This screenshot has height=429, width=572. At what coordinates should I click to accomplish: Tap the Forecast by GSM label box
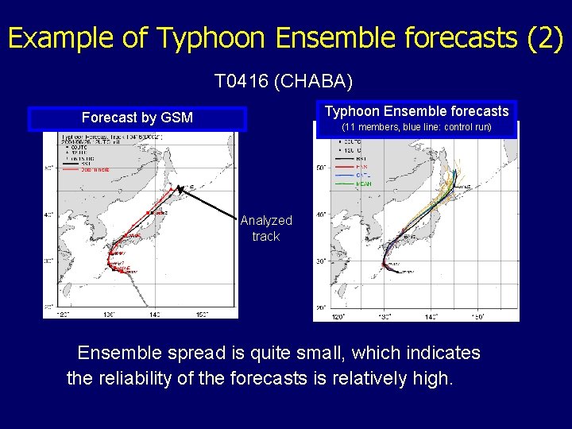click(x=137, y=118)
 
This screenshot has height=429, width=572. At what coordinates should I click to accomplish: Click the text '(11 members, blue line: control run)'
click(x=416, y=127)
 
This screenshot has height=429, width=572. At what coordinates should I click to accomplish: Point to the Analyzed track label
click(x=265, y=228)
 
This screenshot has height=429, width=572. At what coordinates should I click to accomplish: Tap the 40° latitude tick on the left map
click(x=48, y=214)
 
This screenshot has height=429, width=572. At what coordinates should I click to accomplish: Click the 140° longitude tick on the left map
click(x=153, y=314)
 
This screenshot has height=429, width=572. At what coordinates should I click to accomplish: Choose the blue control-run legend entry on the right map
click(x=362, y=174)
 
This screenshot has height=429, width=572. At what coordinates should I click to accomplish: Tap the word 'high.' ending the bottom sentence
click(x=433, y=378)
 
